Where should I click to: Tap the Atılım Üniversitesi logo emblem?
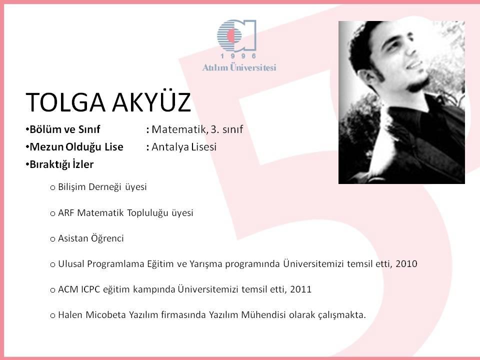[236, 35]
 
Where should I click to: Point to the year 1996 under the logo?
[238, 56]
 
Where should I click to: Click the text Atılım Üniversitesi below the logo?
[239, 67]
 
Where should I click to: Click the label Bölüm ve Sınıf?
[65, 129]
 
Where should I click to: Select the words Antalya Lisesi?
[184, 147]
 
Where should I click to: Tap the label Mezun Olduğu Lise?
[76, 147]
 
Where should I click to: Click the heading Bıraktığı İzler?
[61, 164]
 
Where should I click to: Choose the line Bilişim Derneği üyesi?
[102, 186]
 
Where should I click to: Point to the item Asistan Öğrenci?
[91, 238]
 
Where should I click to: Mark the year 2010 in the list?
[406, 263]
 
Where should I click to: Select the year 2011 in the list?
[300, 289]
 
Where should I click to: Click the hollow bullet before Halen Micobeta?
[52, 315]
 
